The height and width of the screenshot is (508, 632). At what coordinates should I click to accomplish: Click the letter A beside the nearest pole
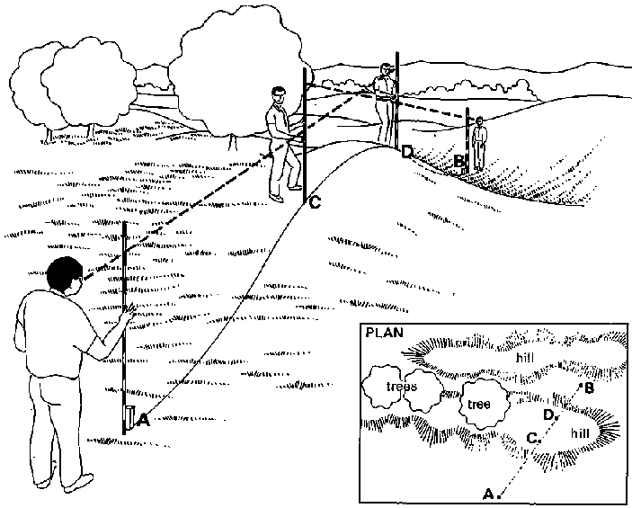click(x=143, y=417)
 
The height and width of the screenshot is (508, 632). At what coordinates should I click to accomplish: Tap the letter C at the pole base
click(x=315, y=203)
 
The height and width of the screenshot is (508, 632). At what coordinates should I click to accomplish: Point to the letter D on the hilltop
click(x=406, y=152)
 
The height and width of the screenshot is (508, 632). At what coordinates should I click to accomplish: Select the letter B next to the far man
click(x=459, y=162)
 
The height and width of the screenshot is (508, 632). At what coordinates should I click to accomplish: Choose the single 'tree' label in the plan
click(x=478, y=404)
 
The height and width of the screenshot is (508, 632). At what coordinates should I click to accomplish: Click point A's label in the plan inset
click(x=490, y=493)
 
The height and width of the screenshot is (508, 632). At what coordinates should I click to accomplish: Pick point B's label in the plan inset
click(x=589, y=388)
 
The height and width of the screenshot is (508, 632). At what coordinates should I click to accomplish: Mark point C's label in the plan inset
click(x=532, y=438)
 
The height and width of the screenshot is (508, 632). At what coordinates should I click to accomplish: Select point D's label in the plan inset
click(x=548, y=414)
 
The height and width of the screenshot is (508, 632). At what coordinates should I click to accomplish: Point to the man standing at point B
click(x=480, y=142)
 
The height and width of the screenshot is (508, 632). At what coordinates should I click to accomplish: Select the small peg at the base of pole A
click(x=130, y=417)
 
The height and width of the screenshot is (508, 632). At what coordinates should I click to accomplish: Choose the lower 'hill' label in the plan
click(x=583, y=431)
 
